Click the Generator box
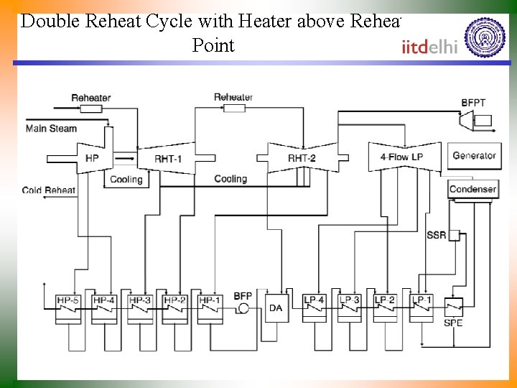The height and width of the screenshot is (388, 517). tap(473, 155)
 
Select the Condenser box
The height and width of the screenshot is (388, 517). tap(472, 189)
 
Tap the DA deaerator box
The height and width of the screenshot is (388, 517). tap(276, 308)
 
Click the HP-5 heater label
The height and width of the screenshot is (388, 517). tap(69, 300)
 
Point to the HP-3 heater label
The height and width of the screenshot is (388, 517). tap(139, 300)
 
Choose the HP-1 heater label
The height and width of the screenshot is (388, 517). tap(209, 300)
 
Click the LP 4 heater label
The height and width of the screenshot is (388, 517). tap(314, 300)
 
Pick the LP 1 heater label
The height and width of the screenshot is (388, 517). tap(421, 300)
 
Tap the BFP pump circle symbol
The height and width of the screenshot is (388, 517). tap(243, 308)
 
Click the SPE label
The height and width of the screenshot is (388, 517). tap(453, 323)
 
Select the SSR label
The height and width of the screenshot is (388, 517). tap(436, 235)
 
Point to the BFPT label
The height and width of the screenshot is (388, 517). tap(473, 103)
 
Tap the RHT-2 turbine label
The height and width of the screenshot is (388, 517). tap(302, 158)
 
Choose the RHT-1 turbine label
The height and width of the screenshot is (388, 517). tap(168, 158)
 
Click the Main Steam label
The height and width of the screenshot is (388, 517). tap(51, 129)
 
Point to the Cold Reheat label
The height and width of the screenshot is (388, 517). tap(49, 190)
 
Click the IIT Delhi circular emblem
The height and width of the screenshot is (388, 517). tap(485, 37)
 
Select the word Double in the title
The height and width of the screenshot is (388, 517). tap(51, 21)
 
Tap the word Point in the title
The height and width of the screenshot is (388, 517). tap(213, 45)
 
